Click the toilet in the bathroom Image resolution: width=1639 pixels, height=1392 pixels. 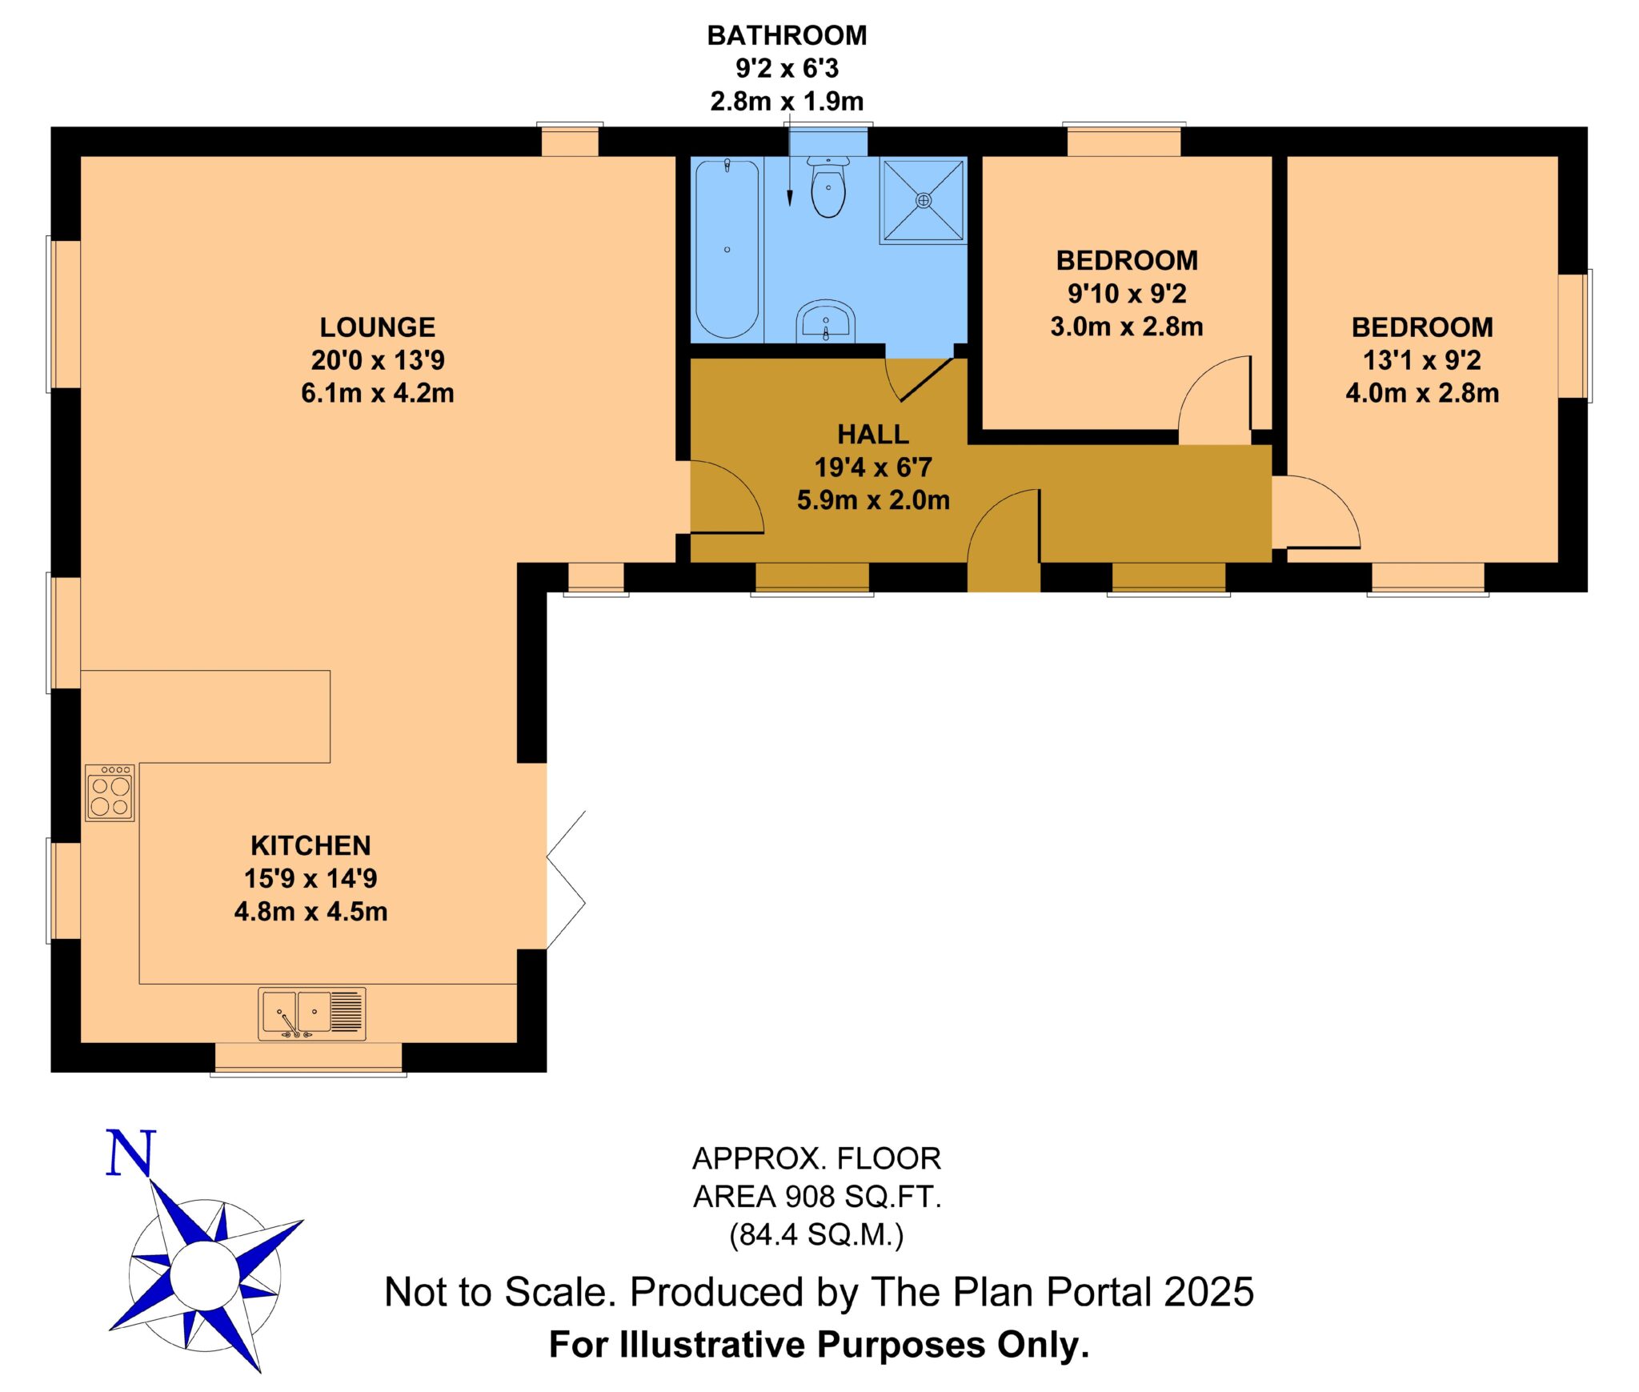[828, 186]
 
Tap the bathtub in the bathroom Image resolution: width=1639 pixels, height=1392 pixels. [727, 249]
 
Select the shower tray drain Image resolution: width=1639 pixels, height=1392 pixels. [924, 200]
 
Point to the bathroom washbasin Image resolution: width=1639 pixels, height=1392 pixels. [826, 322]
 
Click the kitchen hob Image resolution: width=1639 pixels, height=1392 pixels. [110, 792]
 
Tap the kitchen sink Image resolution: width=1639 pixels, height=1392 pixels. [312, 1013]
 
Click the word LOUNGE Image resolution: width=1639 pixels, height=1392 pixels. [378, 327]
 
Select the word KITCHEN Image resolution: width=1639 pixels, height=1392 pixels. [311, 845]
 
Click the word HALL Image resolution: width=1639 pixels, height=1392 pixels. [873, 434]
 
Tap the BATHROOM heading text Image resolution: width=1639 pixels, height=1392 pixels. [787, 35]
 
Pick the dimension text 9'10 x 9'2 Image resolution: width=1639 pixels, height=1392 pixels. [1127, 294]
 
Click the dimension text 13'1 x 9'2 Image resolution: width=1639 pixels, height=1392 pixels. [1422, 360]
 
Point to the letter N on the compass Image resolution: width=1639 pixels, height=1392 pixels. [130, 1153]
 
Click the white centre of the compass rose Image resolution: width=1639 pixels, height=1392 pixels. [204, 1274]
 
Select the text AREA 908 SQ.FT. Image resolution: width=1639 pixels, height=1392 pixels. [817, 1197]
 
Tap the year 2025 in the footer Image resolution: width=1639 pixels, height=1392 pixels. [1209, 1292]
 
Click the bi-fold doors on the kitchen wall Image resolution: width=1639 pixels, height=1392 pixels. [566, 880]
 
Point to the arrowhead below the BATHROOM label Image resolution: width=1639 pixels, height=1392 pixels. [790, 198]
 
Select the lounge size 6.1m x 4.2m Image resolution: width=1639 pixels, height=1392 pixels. [378, 393]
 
